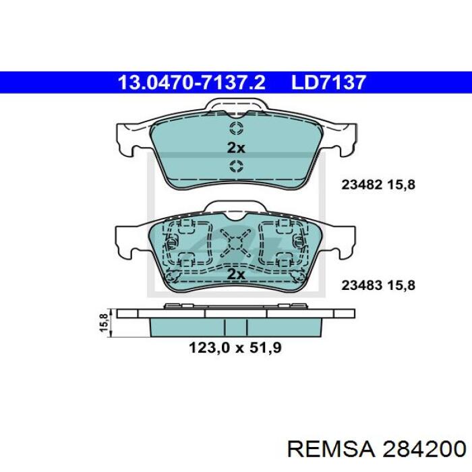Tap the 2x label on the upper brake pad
[x=235, y=148]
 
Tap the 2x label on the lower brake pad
[x=235, y=274]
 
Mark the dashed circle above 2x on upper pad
[x=236, y=129]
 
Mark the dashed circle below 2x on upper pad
[x=236, y=167]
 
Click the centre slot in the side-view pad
[x=236, y=327]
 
